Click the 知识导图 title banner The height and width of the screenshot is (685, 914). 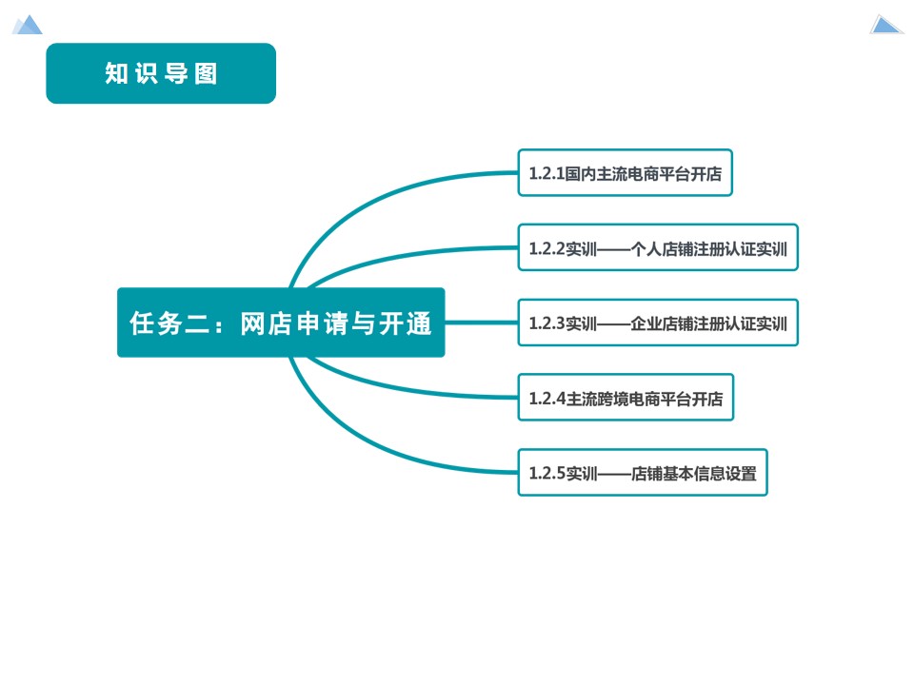coord(161,73)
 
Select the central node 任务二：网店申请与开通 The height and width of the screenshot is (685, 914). coord(281,323)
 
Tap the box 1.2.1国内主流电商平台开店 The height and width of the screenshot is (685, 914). coord(625,172)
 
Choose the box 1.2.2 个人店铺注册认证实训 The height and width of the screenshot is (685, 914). coord(658,247)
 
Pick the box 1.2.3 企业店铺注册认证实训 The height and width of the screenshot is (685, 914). coord(658,323)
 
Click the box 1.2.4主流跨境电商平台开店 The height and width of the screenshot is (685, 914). coord(626,398)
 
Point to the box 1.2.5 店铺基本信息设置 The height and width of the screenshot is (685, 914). coord(643,473)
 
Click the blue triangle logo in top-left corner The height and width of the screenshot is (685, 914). coord(28,25)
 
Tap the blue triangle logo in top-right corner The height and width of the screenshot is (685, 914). coord(885,25)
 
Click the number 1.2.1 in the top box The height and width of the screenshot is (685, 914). coord(546,173)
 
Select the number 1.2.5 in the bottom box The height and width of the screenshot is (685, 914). coord(546,474)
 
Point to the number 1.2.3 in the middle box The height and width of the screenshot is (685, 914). coord(546,323)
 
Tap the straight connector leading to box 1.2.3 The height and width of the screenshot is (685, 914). coord(481,323)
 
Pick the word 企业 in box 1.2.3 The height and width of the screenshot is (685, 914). coord(646,323)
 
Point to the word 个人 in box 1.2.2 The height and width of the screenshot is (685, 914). coord(646,248)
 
